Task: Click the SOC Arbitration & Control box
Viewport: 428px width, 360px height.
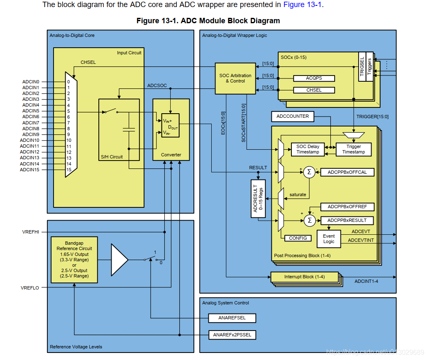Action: [x=235, y=78]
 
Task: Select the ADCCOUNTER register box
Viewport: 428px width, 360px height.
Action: [x=293, y=117]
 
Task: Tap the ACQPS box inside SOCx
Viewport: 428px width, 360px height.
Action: [x=314, y=78]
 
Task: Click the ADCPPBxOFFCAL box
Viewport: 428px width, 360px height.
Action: [x=347, y=172]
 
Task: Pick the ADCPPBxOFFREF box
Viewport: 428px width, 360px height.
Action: [x=347, y=207]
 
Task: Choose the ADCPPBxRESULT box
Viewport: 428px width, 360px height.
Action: [x=347, y=220]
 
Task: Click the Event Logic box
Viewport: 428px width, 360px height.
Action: [x=329, y=239]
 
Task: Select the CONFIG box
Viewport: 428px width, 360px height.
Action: [x=298, y=238]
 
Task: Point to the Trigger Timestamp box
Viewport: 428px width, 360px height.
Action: [x=353, y=149]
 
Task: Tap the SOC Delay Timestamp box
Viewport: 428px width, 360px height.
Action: [x=308, y=149]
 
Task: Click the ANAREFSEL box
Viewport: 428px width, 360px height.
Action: [x=232, y=318]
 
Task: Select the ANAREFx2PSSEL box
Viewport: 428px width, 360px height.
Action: [x=232, y=334]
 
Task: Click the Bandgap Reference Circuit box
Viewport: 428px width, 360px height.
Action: [x=74, y=260]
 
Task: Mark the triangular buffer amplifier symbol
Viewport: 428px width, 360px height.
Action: [x=119, y=259]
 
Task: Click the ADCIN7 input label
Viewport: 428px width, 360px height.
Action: [x=31, y=123]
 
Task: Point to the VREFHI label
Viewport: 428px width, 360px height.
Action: [x=30, y=232]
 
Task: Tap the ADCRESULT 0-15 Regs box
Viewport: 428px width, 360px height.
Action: [x=258, y=198]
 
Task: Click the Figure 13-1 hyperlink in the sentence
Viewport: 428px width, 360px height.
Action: [x=302, y=5]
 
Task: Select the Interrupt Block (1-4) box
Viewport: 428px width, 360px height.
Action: [x=304, y=277]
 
